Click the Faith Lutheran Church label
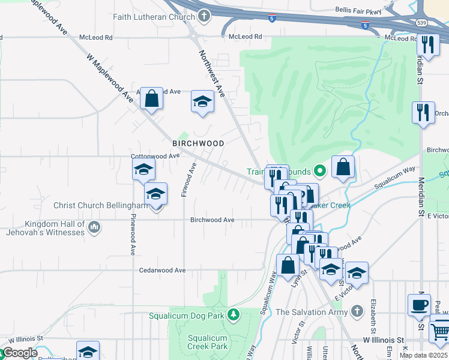pos(157,17)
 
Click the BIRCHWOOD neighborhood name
pos(198,143)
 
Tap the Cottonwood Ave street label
pos(155,156)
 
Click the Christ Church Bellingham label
pos(101,205)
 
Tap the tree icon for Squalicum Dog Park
pos(233,314)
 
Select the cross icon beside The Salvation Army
pos(357,311)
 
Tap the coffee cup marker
pos(419,304)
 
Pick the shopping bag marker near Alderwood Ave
pos(152,98)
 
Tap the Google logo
pos(20,353)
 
